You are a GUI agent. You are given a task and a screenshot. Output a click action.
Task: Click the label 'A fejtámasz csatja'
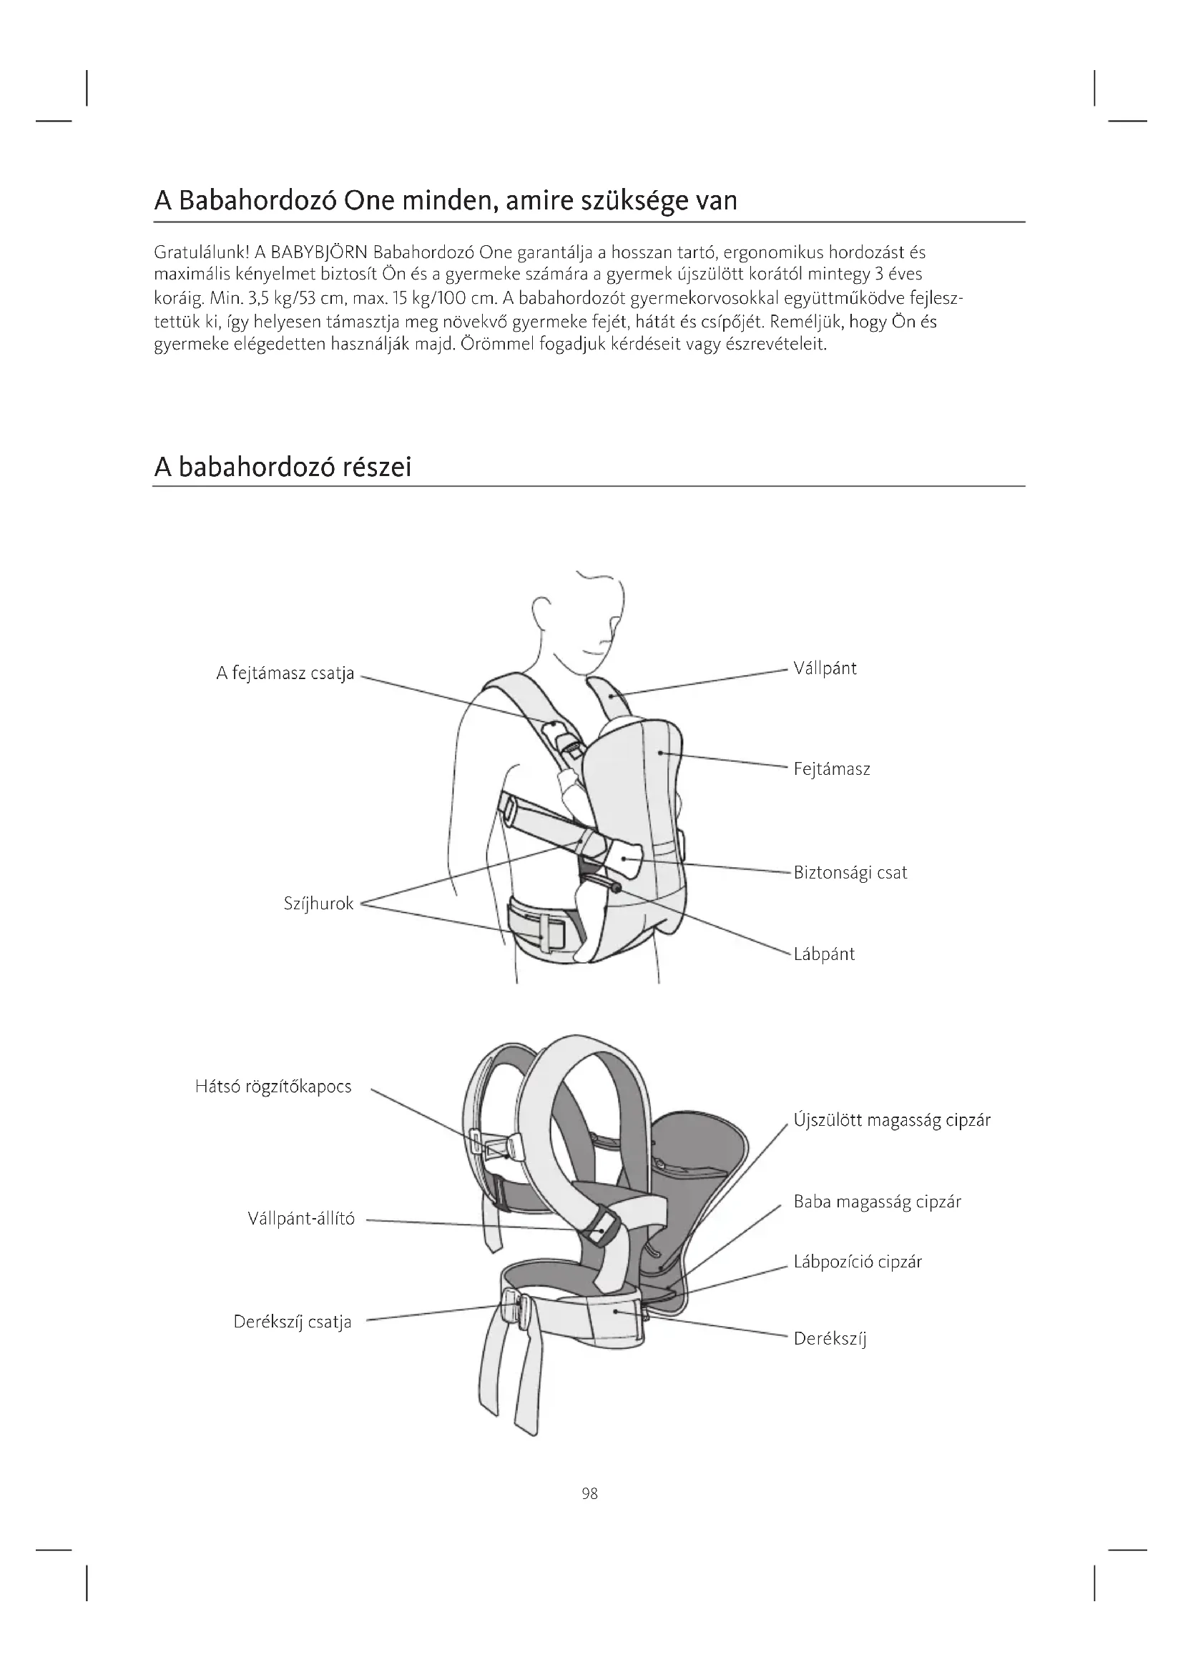pos(285,673)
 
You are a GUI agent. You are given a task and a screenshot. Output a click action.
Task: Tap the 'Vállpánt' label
pos(825,668)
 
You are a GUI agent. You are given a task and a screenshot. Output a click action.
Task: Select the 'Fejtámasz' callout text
pos(831,769)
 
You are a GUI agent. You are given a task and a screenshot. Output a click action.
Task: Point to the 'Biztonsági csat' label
pos(850,872)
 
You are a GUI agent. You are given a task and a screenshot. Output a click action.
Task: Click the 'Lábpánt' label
pos(824,954)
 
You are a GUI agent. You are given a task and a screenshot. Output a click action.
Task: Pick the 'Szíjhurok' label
pos(318,904)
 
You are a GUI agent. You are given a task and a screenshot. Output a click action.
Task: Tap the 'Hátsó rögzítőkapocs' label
pos(273,1087)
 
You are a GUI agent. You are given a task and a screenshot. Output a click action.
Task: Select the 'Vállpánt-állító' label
pos(301,1219)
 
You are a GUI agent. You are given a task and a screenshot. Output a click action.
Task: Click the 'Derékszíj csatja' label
pos(292,1322)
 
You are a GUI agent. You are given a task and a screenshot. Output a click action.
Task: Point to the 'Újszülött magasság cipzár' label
pos(892,1120)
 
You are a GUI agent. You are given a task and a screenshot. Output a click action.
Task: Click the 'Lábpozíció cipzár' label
pos(858,1262)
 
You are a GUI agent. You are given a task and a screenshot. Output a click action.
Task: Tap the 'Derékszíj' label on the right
pos(830,1338)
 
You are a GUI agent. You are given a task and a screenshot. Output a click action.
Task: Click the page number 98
pos(590,1494)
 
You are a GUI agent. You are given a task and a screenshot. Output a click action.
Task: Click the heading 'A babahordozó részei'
pos(283,467)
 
